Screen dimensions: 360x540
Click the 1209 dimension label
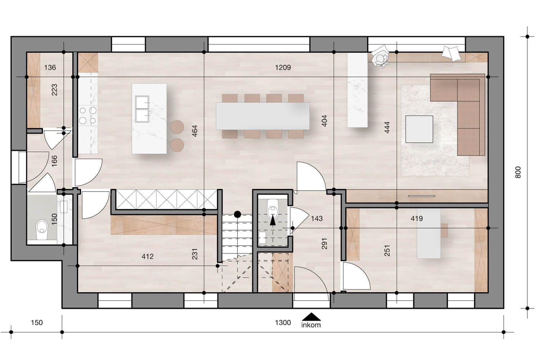coord(283,67)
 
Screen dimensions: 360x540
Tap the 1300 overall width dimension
coord(283,323)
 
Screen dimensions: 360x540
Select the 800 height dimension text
coord(518,172)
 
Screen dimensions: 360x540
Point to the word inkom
coord(311,325)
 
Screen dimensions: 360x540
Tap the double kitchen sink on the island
coord(142,109)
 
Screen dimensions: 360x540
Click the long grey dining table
coord(262,116)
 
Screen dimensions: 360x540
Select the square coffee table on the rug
coord(419,129)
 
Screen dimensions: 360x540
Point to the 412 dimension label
coord(148,257)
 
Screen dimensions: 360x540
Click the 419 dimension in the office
coord(417,219)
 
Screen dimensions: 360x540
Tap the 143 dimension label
coord(317,219)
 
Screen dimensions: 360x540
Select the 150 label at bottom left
coord(37,323)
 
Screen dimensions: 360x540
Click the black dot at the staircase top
coord(237,215)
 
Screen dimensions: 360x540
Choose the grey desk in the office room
coord(428,234)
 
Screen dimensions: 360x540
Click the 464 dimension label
coord(195,131)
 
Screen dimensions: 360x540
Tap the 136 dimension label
coord(50,67)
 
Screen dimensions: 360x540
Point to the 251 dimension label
coord(387,251)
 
